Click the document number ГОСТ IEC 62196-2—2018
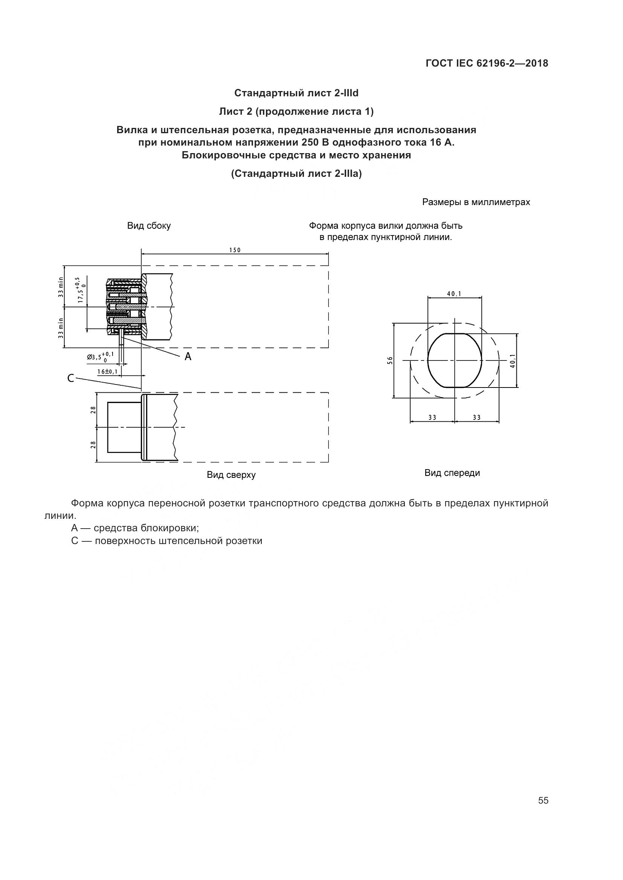486,63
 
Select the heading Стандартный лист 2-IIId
296,93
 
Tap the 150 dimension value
235,250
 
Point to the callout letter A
188,357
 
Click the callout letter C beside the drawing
70,378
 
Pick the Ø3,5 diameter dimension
100,357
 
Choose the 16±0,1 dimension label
107,371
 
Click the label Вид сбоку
149,226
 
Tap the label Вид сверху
231,475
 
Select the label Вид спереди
452,473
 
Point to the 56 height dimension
390,360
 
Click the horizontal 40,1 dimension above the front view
454,294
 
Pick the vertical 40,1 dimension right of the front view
513,361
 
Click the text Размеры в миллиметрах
476,202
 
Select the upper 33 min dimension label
61,287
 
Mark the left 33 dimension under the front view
432,417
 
